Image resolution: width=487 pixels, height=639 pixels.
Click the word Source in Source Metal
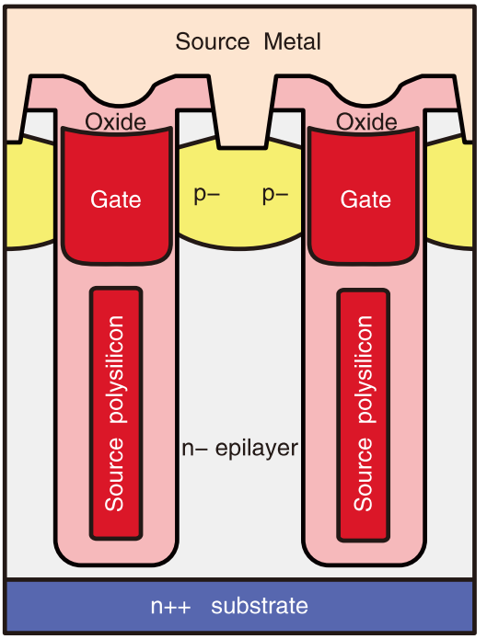point(213,41)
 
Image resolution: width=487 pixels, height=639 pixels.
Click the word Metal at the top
point(292,41)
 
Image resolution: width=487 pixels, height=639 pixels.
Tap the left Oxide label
point(115,122)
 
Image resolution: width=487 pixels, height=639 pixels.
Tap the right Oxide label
point(366,122)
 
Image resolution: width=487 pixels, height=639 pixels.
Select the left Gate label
point(116,200)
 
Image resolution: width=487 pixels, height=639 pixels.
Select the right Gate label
point(365,200)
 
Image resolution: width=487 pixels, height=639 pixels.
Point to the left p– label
point(206,195)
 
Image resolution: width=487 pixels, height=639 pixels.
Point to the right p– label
point(275,195)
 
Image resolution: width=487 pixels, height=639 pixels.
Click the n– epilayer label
point(240,449)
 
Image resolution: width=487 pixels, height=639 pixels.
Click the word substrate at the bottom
point(260,606)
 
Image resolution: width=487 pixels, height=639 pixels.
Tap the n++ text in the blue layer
point(170,607)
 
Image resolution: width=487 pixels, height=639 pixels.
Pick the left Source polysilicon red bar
point(116,414)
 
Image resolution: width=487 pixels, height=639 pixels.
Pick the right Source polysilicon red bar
point(364,416)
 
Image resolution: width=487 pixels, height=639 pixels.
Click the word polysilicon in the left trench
point(115,370)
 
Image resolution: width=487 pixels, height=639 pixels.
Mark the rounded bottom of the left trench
point(116,559)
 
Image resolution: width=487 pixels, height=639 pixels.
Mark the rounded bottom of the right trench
point(365,559)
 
